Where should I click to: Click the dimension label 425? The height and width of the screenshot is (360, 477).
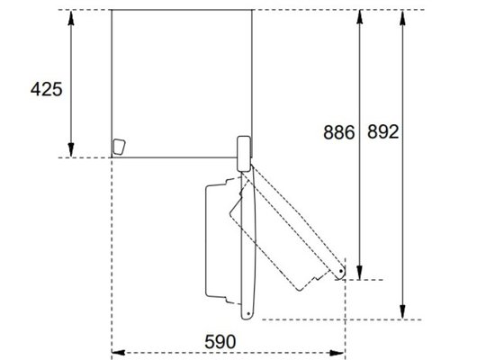(46, 89)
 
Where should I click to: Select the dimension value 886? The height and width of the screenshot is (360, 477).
(339, 132)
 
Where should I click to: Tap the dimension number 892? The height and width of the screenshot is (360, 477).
(383, 131)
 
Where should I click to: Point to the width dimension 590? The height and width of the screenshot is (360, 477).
(220, 342)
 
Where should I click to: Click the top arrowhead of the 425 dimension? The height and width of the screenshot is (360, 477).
(71, 18)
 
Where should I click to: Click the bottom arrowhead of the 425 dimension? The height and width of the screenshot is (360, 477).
(71, 150)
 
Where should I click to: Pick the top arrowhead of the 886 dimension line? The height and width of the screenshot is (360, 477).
(360, 17)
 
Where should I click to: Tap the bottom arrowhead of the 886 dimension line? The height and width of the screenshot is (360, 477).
(360, 273)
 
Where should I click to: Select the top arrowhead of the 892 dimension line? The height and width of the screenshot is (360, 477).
(403, 17)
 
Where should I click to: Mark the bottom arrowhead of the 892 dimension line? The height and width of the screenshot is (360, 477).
(403, 312)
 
